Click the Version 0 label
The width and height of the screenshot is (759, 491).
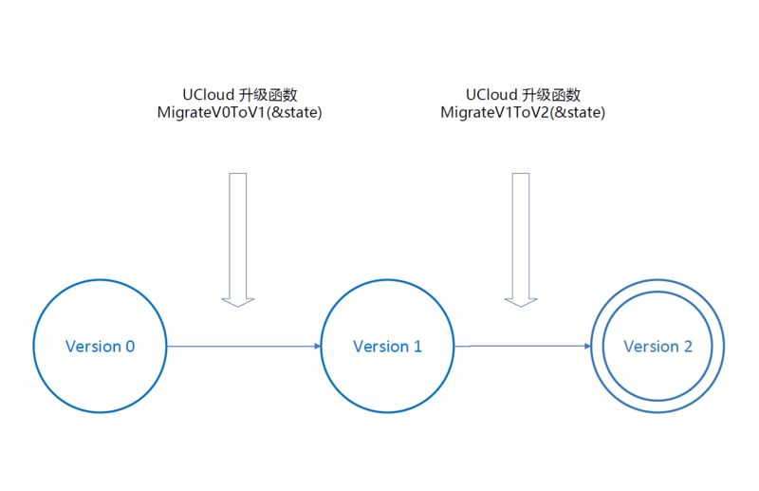100,347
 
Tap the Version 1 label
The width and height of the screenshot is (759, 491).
387,347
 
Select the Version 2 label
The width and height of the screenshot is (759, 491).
657,347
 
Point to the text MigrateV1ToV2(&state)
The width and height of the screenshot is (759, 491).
523,112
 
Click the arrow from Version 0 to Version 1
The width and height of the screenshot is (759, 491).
244,347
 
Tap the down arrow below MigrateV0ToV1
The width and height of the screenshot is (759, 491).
238,239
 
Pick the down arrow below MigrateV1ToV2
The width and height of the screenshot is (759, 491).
521,239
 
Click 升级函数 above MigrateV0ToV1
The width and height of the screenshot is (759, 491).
269,95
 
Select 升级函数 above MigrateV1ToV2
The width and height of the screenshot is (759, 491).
552,95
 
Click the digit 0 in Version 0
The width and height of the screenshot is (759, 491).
130,347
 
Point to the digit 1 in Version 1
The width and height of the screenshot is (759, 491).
417,347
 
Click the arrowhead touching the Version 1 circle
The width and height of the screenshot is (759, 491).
317,347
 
